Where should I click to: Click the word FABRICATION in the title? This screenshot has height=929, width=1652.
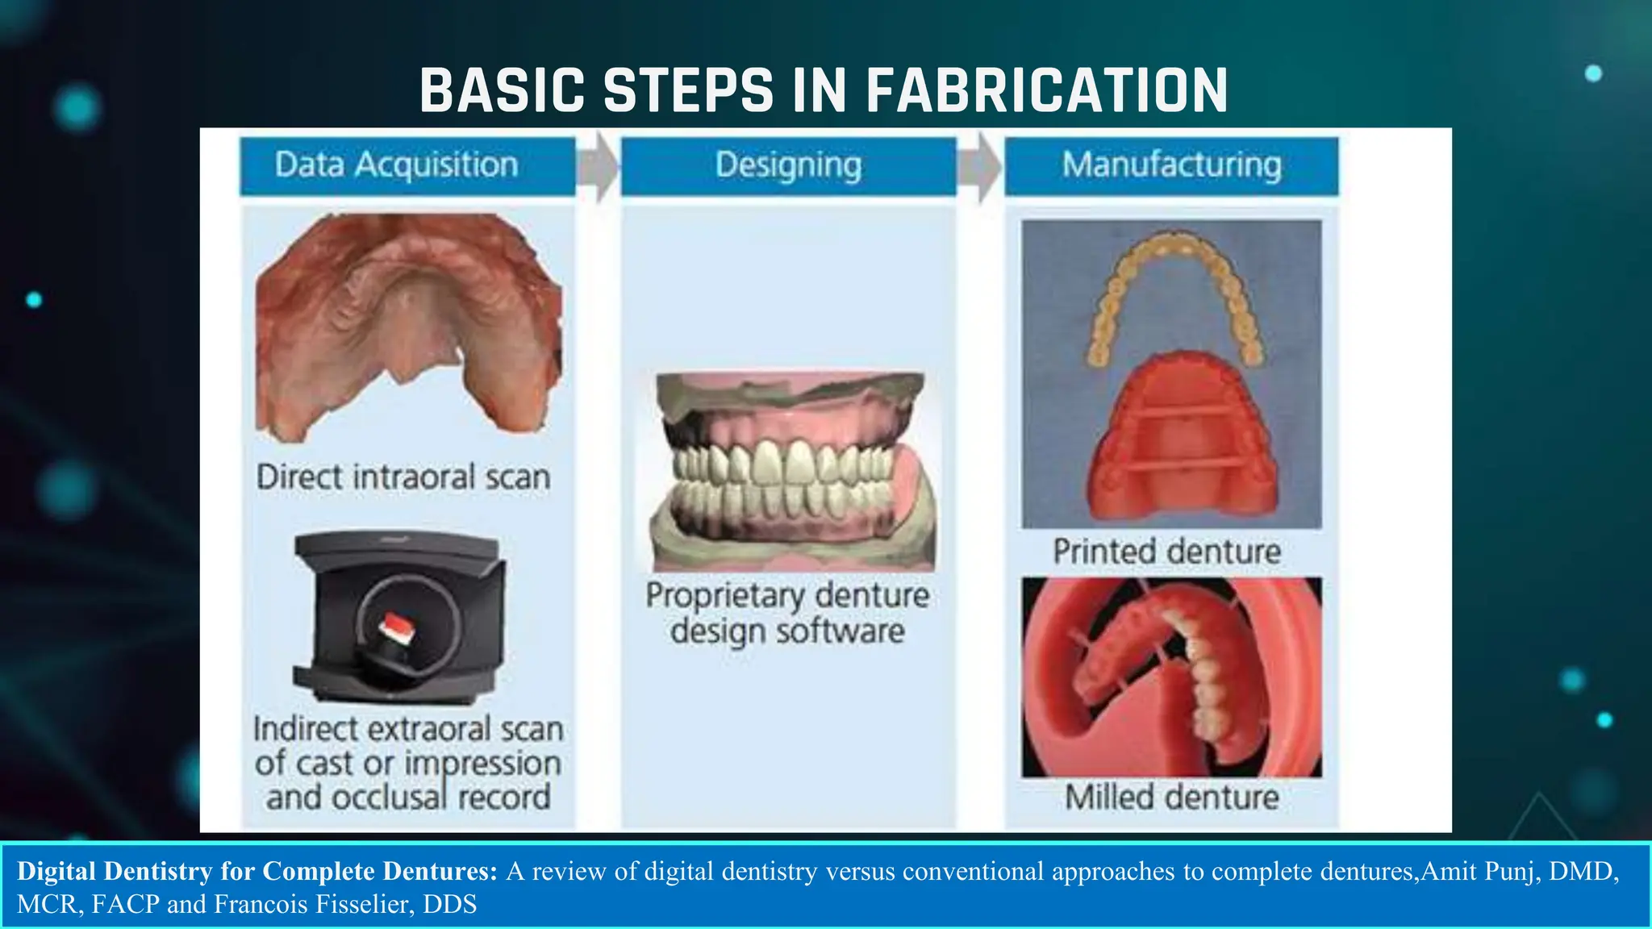(x=1046, y=90)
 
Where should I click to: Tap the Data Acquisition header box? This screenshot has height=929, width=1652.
(x=407, y=165)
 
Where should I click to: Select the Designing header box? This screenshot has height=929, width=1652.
(x=788, y=165)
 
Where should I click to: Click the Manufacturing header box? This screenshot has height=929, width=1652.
(x=1171, y=165)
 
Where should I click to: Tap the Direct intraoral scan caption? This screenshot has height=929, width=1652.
(x=403, y=477)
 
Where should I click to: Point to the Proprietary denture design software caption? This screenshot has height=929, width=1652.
(x=787, y=613)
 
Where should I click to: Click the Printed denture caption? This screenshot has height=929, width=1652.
(x=1166, y=552)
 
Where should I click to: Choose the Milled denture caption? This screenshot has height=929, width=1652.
(x=1171, y=798)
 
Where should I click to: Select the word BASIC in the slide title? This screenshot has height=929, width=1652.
(x=502, y=90)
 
